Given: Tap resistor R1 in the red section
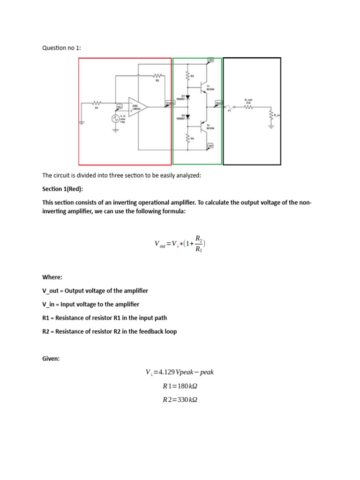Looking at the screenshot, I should coord(97,103).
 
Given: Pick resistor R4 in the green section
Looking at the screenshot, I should coord(188,139).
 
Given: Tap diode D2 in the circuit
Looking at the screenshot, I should coord(188,116).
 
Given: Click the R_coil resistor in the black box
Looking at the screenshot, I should coord(248,107).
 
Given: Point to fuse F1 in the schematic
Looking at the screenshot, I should coord(230,107).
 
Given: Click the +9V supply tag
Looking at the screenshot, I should coord(211,60).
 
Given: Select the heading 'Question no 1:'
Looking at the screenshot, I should coord(61,48).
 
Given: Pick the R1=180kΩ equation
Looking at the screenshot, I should coord(180,386).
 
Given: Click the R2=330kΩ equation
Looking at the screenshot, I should coord(180,400).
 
